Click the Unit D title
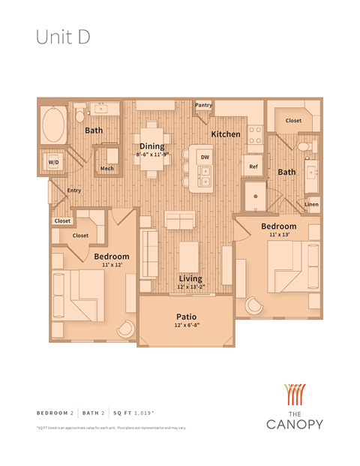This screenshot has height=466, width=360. tap(63, 38)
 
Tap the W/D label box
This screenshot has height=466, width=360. tap(54, 162)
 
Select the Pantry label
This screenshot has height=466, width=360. tap(203, 106)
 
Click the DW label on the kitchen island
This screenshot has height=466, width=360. tap(205, 156)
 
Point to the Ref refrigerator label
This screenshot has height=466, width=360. tap(253, 167)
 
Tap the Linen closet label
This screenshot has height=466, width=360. tap(311, 205)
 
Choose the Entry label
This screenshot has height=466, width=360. tap(73, 191)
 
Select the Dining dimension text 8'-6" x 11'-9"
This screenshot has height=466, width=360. tap(152, 155)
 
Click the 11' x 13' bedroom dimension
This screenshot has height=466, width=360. tap(278, 236)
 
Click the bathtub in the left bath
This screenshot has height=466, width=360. tap(55, 125)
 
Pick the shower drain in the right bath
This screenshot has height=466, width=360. tap(256, 196)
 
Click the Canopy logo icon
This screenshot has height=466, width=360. tap(294, 395)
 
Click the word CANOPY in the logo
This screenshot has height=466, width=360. tap(294, 424)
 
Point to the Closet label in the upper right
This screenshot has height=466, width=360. tap(292, 120)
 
